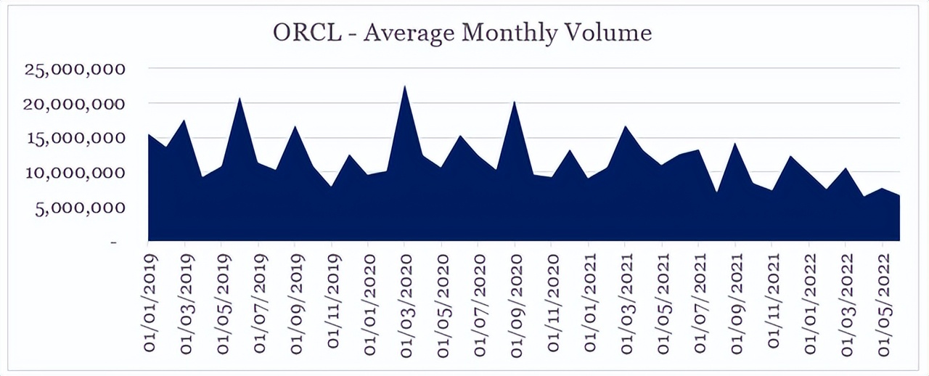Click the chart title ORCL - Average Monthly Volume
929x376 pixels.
click(462, 33)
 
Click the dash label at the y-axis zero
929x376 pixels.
click(114, 242)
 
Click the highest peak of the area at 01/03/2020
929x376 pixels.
click(404, 86)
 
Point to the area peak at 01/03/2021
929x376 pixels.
click(625, 127)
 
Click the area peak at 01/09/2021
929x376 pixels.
click(735, 144)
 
